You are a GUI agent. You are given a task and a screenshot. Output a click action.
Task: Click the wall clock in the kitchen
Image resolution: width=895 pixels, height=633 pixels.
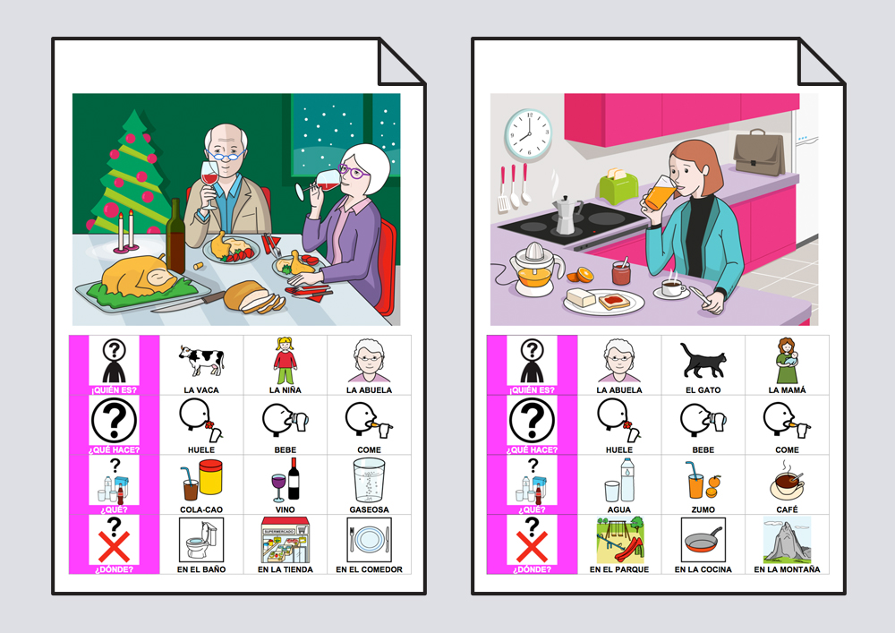click(529, 134)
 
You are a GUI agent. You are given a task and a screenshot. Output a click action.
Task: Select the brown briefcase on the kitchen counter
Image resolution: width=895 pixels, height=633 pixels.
click(759, 152)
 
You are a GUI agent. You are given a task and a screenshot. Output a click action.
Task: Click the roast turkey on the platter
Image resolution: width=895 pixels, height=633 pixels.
click(139, 277)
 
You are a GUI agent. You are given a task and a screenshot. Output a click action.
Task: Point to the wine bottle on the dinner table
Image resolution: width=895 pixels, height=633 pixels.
click(175, 236)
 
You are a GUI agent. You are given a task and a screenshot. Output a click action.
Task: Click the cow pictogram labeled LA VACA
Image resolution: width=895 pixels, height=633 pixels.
click(201, 361)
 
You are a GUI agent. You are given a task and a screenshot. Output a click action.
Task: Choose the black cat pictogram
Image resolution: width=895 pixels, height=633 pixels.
click(703, 361)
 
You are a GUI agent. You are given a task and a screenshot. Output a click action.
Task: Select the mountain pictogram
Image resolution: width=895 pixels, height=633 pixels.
click(787, 540)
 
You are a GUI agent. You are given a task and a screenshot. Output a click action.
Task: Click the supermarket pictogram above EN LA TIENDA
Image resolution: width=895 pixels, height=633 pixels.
click(286, 540)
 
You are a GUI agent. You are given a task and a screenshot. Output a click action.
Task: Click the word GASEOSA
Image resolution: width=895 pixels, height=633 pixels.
click(370, 509)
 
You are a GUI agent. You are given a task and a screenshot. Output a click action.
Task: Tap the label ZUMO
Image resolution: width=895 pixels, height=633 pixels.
click(703, 509)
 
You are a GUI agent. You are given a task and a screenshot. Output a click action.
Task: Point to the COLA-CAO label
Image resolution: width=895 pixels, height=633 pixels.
click(201, 509)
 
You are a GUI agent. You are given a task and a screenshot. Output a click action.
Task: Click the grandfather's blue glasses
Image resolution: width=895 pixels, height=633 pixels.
click(226, 155)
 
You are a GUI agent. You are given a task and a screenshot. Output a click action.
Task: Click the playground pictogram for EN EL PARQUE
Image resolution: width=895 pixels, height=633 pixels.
click(619, 540)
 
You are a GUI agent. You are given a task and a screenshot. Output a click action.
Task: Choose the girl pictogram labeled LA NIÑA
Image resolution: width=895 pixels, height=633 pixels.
click(285, 361)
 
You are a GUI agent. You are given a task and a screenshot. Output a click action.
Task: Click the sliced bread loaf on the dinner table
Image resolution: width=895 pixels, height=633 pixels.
click(253, 297)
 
